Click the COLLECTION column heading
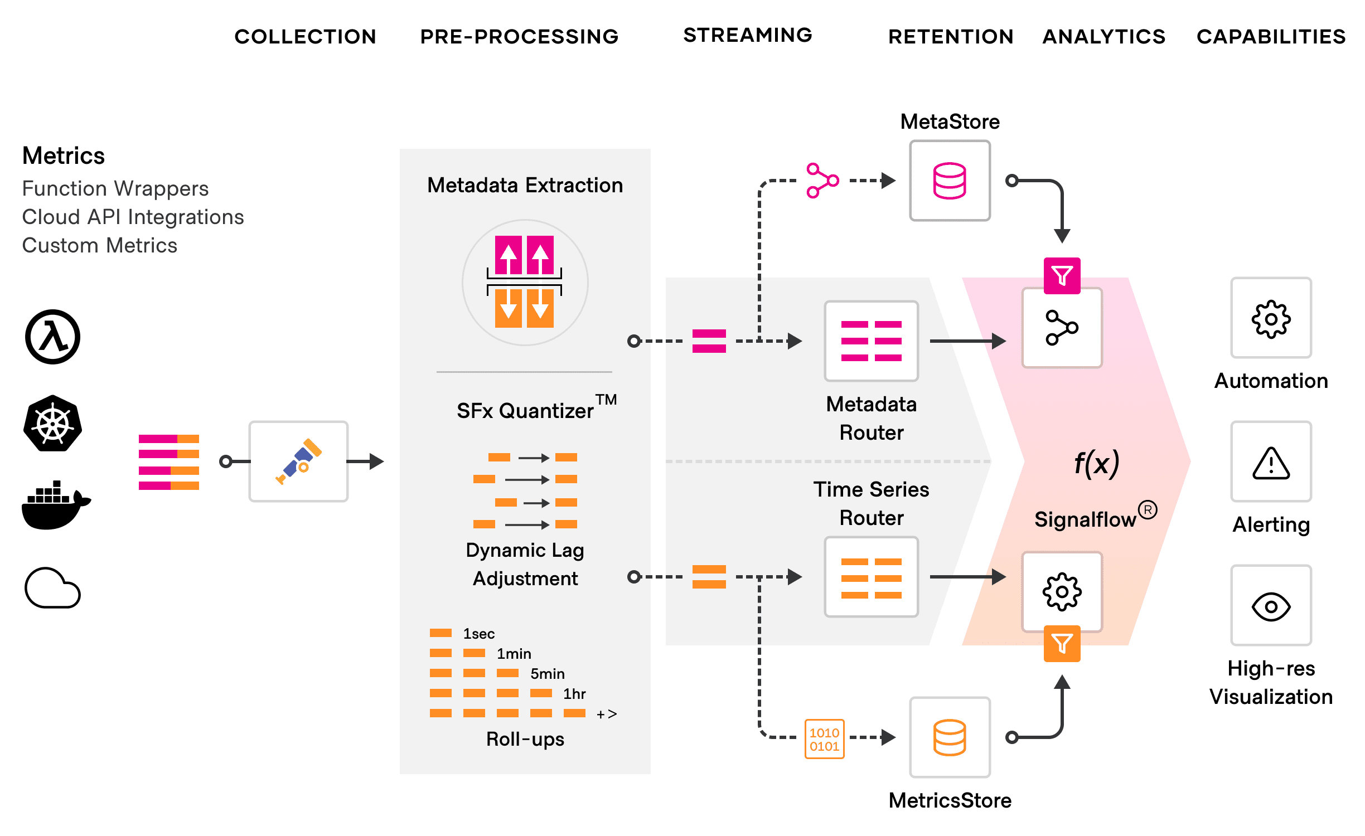pyautogui.click(x=305, y=37)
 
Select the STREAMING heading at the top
pyautogui.click(x=747, y=35)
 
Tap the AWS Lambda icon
pyautogui.click(x=52, y=337)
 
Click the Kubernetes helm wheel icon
pyautogui.click(x=52, y=424)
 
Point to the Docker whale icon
pyautogui.click(x=55, y=505)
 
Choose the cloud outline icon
pyautogui.click(x=52, y=588)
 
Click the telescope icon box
pyautogui.click(x=298, y=461)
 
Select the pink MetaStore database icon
pyautogui.click(x=950, y=181)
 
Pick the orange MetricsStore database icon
pyautogui.click(x=950, y=737)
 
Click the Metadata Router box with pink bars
pyautogui.click(x=871, y=341)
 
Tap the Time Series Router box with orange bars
pyautogui.click(x=871, y=577)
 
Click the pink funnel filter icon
pyautogui.click(x=1062, y=275)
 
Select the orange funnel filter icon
pyautogui.click(x=1062, y=644)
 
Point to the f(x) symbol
pyautogui.click(x=1096, y=464)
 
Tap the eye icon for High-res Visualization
pyautogui.click(x=1271, y=606)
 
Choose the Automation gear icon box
pyautogui.click(x=1271, y=319)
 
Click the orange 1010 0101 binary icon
pyautogui.click(x=824, y=739)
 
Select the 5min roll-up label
pyautogui.click(x=547, y=674)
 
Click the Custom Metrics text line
pyautogui.click(x=100, y=245)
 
